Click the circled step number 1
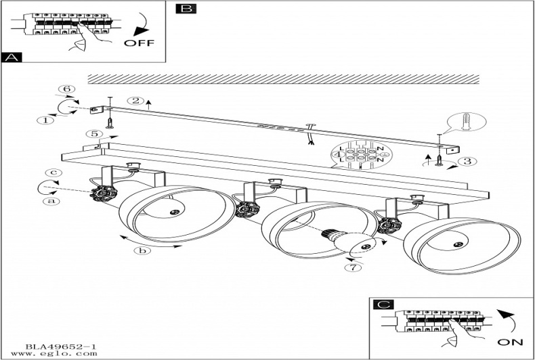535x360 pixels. (x=45, y=120)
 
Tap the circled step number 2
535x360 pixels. (x=135, y=102)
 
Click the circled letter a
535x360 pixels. (x=49, y=200)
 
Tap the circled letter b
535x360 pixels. (x=142, y=251)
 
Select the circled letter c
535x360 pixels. (x=49, y=173)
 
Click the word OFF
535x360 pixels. (x=140, y=43)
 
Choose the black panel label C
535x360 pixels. (x=384, y=305)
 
